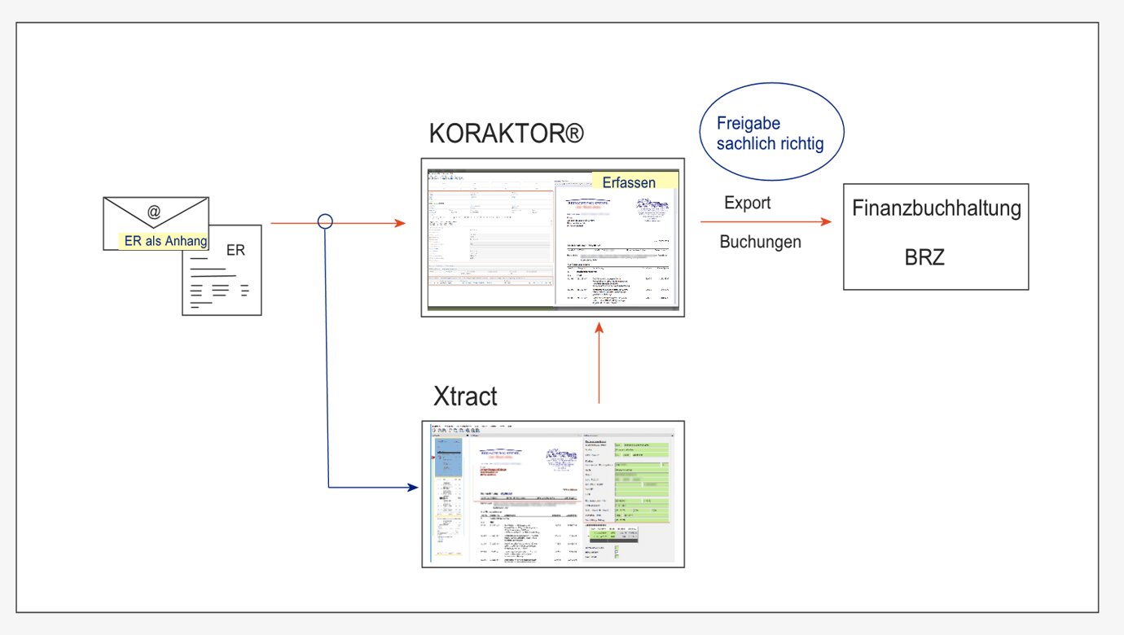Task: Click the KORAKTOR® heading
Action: [x=507, y=133]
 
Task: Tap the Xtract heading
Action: [x=466, y=398]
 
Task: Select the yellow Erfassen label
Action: [x=629, y=182]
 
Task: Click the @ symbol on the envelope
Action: [x=154, y=212]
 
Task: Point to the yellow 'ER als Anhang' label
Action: [x=165, y=240]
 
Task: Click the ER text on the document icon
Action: [x=235, y=251]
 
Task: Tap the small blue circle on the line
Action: [x=326, y=221]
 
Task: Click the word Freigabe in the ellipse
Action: [x=749, y=125]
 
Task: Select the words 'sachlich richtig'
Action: [x=770, y=144]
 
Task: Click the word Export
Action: [x=747, y=203]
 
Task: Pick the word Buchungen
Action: [x=760, y=242]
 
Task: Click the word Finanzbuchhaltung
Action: [x=936, y=208]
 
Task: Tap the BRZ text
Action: [x=925, y=259]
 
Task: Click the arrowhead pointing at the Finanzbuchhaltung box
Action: [x=828, y=222]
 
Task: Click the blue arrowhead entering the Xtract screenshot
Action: [x=412, y=488]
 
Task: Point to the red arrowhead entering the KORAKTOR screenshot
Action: [x=401, y=221]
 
